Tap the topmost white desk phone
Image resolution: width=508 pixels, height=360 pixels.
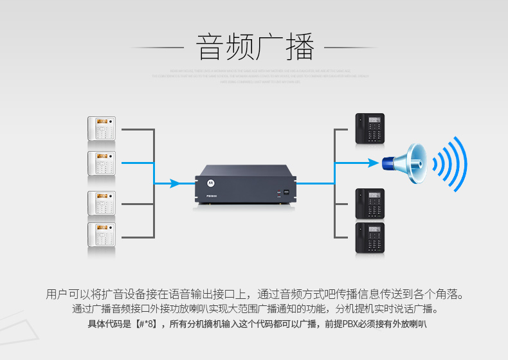tap(102, 129)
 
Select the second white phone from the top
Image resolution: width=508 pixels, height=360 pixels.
tap(102, 163)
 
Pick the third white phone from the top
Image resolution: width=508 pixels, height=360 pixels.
tap(102, 203)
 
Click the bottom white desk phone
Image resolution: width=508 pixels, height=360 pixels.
tap(102, 236)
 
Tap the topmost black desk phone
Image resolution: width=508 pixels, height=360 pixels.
tap(370, 129)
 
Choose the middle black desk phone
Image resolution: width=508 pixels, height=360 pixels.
tap(370, 204)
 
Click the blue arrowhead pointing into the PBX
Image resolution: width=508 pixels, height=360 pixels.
tap(174, 184)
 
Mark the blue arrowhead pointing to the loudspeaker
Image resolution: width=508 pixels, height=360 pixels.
tap(374, 163)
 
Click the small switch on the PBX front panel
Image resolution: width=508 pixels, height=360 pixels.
tap(286, 192)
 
